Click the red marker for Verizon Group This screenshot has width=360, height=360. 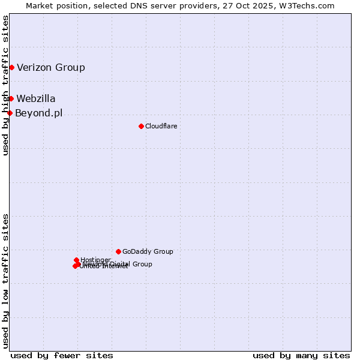(11, 67)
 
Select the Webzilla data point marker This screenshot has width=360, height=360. (11, 98)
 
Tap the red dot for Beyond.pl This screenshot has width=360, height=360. (10, 113)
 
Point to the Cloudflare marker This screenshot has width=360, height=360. (141, 126)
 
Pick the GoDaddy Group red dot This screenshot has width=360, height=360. (118, 251)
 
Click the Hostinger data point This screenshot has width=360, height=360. (76, 260)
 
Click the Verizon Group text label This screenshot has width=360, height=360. (51, 67)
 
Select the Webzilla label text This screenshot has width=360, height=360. (36, 98)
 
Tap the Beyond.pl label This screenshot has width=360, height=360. (38, 113)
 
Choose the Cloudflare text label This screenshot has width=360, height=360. (161, 126)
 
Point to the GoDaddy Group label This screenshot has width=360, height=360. (148, 251)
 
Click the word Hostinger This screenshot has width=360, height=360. (95, 260)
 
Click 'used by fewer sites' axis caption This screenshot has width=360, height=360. (62, 355)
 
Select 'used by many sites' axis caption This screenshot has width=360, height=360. (301, 355)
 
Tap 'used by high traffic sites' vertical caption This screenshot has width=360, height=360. (5, 86)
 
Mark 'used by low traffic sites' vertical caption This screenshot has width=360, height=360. (5, 280)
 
